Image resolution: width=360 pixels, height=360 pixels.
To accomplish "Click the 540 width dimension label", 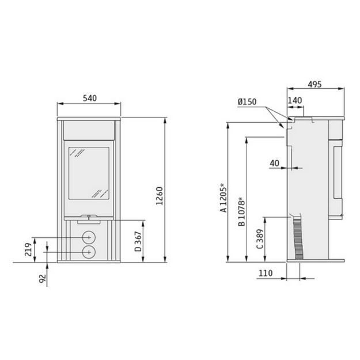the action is pyautogui.click(x=89, y=98).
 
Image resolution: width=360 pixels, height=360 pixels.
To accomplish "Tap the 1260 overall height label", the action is pyautogui.click(x=159, y=196).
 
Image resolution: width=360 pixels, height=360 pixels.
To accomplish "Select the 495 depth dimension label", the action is pyautogui.click(x=314, y=84).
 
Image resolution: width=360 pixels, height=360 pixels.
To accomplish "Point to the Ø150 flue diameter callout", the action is pyautogui.click(x=247, y=101).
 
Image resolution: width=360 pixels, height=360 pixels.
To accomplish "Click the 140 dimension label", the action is pyautogui.click(x=295, y=100).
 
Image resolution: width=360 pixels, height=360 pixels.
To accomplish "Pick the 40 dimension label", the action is pyautogui.click(x=274, y=163).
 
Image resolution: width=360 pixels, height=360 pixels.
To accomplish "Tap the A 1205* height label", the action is pyautogui.click(x=223, y=198).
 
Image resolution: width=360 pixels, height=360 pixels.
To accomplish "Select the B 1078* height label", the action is pyautogui.click(x=241, y=211).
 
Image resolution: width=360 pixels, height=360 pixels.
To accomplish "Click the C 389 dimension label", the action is pyautogui.click(x=260, y=239).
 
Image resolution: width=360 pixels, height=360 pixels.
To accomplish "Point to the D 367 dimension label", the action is pyautogui.click(x=138, y=241).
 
